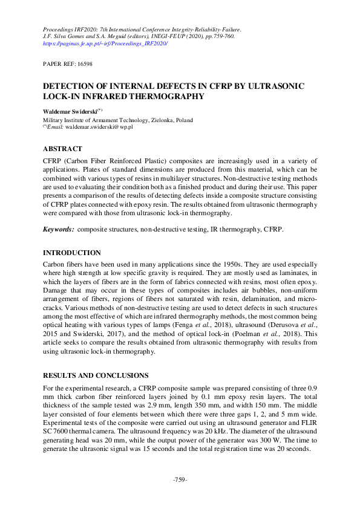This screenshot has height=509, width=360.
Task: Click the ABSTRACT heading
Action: click(63, 149)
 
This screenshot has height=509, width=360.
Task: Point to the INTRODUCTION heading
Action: click(72, 253)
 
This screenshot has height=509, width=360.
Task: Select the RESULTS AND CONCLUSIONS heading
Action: click(95, 375)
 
